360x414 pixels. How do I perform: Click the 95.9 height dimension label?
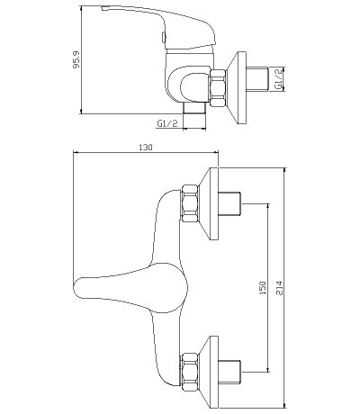(x=76, y=59)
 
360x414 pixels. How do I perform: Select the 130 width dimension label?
(x=146, y=148)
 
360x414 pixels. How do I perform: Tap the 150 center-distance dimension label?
(x=263, y=288)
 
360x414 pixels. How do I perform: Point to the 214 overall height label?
(x=279, y=288)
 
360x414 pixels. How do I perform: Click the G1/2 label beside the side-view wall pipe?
(x=279, y=79)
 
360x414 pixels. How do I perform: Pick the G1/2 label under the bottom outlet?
(x=167, y=123)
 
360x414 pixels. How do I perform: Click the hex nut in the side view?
(x=218, y=88)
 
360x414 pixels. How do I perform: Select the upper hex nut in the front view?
(x=190, y=203)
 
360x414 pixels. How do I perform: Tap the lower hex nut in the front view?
(x=190, y=372)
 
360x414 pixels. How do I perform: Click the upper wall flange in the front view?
(x=210, y=203)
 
